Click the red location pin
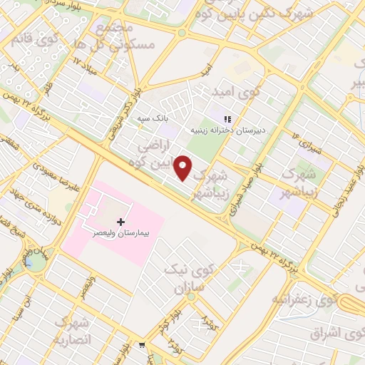(x=183, y=167)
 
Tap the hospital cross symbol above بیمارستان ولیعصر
(x=120, y=222)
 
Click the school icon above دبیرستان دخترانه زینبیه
(x=227, y=120)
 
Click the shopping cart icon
(x=142, y=345)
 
